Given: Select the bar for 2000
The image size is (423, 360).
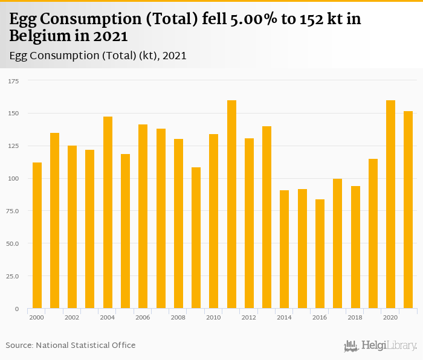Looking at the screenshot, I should coord(37,236).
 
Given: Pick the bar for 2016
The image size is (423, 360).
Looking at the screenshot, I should coord(320,254).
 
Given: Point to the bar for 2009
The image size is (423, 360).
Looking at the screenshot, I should coord(196,238).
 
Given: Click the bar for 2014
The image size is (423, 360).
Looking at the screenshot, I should coord(285,249).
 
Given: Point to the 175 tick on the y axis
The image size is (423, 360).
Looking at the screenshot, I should coord(13,80).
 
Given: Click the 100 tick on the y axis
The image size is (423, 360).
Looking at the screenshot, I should coord(13,178).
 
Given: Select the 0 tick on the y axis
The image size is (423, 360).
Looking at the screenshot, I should coord(17,309).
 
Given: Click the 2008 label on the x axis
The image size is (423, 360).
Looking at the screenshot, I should coord(178,317).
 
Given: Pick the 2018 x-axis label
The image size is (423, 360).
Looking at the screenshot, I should coord(355,317).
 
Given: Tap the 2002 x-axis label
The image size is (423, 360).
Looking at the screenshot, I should coord(72,317).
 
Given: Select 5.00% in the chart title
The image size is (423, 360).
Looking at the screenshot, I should coord(255,19).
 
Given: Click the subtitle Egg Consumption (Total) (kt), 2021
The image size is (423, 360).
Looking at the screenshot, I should coord(98,56).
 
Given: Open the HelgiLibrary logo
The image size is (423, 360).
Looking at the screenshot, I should coord(381,346).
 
